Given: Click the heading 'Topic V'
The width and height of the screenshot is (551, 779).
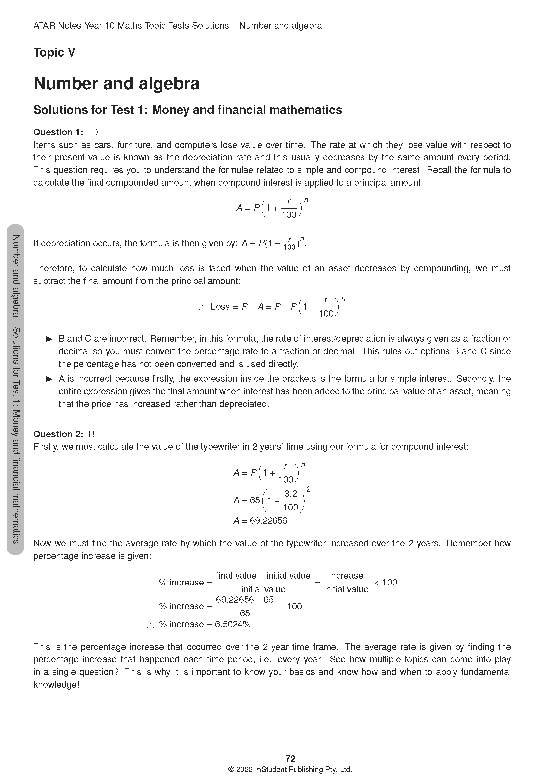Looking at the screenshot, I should coord(54,53).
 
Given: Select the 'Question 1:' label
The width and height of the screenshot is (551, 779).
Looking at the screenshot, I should coord(58,132).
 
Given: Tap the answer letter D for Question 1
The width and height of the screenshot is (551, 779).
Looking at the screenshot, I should coord(95,132).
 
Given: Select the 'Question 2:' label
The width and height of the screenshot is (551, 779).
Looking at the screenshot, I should coord(58,434).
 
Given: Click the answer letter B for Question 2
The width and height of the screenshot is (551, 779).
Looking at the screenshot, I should coord(91,434).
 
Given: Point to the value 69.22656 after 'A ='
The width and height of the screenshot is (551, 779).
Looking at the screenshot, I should coord(269,521).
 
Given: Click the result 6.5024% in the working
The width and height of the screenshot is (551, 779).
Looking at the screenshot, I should coord(233,624).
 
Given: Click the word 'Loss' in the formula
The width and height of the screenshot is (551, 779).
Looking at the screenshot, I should coord(220,307).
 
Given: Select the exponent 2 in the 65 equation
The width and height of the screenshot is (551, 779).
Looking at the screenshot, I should coord(308,489).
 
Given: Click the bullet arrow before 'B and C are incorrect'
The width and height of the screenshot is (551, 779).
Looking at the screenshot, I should coord(50,339).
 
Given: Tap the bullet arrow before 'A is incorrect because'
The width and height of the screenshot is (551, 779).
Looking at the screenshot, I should coord(50,379).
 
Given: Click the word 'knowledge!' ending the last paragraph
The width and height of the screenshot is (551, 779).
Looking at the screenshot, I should coord(56,685).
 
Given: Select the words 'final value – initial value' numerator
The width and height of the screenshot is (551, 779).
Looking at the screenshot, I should coord(263,576).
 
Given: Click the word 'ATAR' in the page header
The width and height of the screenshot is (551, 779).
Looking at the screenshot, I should coord(44,26).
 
